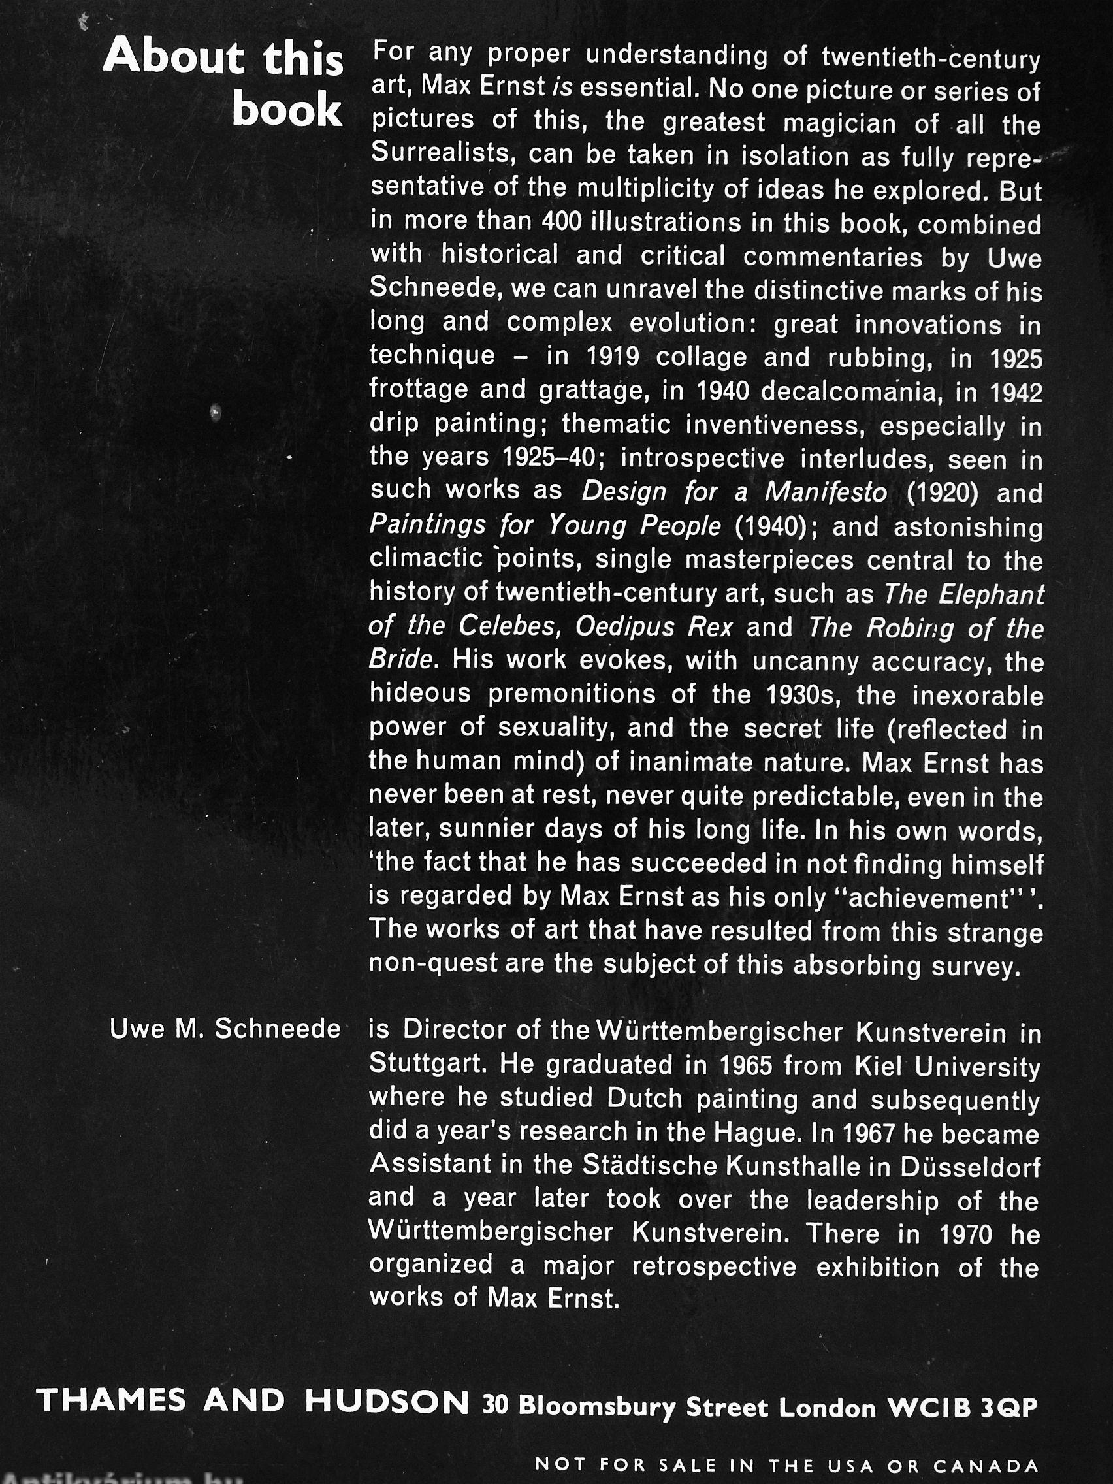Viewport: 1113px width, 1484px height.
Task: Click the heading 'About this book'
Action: point(223,82)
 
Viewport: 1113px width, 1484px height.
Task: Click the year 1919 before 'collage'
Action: point(612,357)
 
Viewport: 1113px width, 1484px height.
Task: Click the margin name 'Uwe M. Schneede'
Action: point(225,1030)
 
